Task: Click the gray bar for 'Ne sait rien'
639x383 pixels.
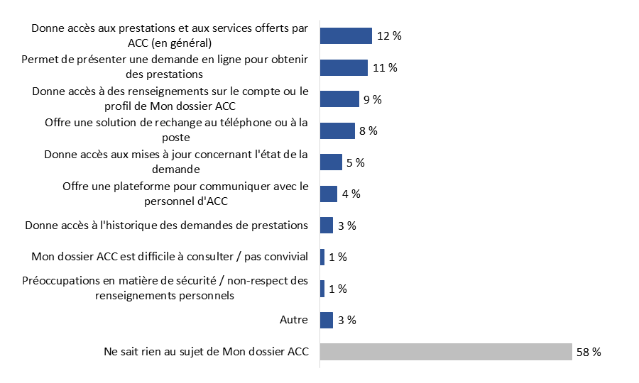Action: [x=446, y=352]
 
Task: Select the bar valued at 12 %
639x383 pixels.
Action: [x=346, y=36]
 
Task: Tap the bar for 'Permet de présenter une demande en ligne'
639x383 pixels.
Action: [x=344, y=67]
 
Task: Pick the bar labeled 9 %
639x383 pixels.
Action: [x=339, y=99]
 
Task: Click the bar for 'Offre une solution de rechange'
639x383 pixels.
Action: [x=337, y=131]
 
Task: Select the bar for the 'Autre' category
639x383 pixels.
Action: [x=327, y=320]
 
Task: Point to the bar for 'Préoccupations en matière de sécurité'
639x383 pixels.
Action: [x=322, y=289]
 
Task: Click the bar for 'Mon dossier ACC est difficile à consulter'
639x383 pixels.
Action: [x=322, y=257]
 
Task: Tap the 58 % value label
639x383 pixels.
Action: [x=589, y=352]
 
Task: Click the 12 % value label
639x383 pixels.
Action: [x=389, y=36]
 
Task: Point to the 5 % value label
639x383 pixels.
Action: [x=355, y=162]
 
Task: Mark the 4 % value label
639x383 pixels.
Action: [x=351, y=194]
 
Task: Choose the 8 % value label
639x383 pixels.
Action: [x=368, y=131]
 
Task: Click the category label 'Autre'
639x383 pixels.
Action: [x=294, y=320]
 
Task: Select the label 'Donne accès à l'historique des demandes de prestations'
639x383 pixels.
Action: [x=166, y=226]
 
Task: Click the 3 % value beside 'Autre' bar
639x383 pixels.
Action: [x=346, y=320]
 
